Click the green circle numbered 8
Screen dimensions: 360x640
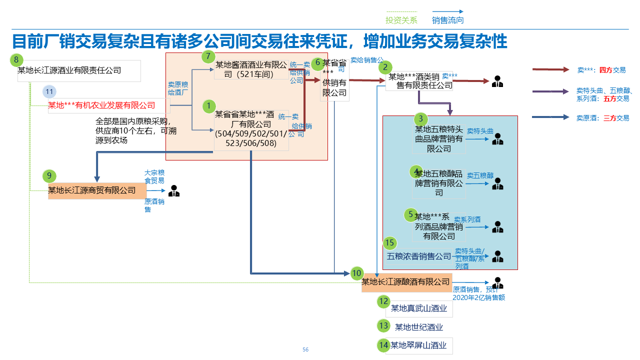16,60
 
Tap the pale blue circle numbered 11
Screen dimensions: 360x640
49,92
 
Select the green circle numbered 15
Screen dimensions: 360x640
390,243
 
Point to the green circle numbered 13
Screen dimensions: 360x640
383,326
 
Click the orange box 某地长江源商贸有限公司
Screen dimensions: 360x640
97,190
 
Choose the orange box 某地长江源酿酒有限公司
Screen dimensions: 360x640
406,282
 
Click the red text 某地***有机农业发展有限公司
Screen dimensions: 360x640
101,105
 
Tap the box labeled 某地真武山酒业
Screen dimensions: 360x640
419,308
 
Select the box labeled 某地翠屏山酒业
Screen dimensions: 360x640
419,345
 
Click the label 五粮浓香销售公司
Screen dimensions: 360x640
419,256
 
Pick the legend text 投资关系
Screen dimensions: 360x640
401,20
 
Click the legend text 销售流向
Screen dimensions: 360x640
447,20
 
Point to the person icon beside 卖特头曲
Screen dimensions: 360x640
497,139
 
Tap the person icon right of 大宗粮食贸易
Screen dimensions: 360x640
173,190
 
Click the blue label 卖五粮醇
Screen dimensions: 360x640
480,176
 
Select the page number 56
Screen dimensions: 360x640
305,349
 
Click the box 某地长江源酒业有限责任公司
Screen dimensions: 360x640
79,70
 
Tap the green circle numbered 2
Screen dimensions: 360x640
384,67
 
